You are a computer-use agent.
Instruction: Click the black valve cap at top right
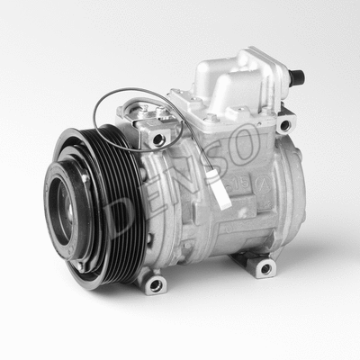[x=296, y=77]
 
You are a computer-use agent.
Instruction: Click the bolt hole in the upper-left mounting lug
[x=159, y=139]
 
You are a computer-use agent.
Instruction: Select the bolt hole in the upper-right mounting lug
[x=284, y=125]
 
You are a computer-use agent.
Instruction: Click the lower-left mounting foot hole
[x=155, y=284]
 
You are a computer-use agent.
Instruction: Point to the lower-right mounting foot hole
[x=264, y=267]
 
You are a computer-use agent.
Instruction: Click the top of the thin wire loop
[x=135, y=89]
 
